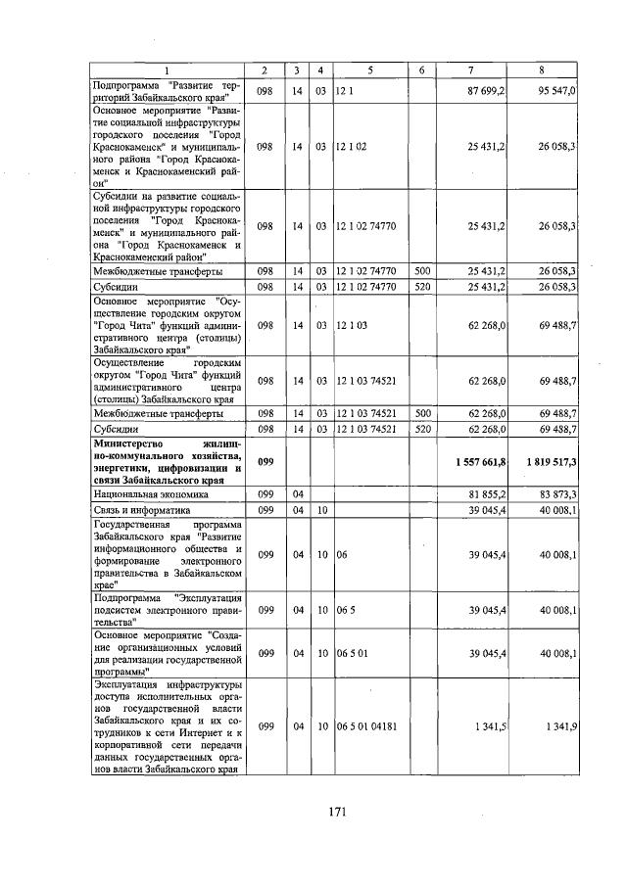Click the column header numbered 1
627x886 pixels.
coord(166,70)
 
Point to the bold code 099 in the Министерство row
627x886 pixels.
coord(265,460)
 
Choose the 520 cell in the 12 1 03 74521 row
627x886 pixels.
coord(422,428)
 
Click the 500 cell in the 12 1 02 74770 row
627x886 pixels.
coord(422,271)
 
